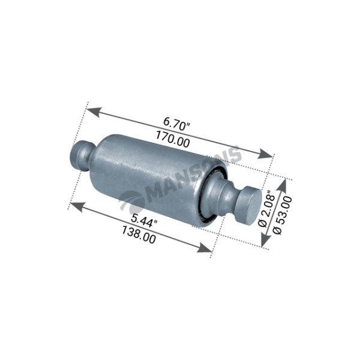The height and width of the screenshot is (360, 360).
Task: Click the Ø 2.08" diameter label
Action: [x=266, y=208]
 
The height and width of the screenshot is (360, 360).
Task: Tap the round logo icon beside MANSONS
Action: [x=131, y=201]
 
